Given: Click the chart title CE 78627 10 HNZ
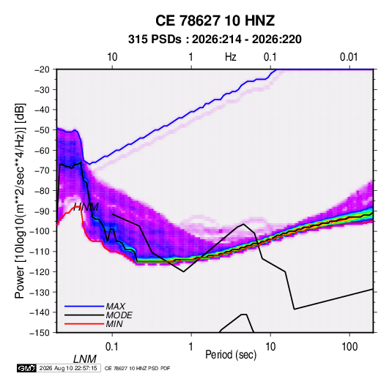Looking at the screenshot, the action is click(215, 20).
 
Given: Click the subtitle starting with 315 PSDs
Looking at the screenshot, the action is click(215, 40).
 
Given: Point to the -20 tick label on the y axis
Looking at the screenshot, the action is click(42, 69).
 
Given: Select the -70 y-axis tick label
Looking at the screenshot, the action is click(42, 170).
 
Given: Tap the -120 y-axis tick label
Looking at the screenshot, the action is click(40, 272).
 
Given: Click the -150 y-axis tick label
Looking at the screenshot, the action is click(40, 333).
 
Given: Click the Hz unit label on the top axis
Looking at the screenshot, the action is click(231, 57).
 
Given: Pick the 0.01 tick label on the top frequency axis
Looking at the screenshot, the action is click(349, 57).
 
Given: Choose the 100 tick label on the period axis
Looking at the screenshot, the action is click(350, 347).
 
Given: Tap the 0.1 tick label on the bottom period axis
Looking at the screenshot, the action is click(112, 347).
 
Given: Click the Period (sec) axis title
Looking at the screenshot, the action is click(231, 355).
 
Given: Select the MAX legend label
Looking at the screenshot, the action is click(115, 307).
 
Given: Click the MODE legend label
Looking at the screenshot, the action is click(119, 315).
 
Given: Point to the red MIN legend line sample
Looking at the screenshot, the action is click(84, 324).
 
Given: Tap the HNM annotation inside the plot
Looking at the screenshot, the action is click(86, 207).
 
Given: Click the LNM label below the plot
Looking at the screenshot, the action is click(84, 359).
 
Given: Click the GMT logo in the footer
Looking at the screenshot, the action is click(27, 368).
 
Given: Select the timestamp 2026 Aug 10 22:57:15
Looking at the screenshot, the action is click(68, 368).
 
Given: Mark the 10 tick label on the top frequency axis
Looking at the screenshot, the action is click(112, 57).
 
